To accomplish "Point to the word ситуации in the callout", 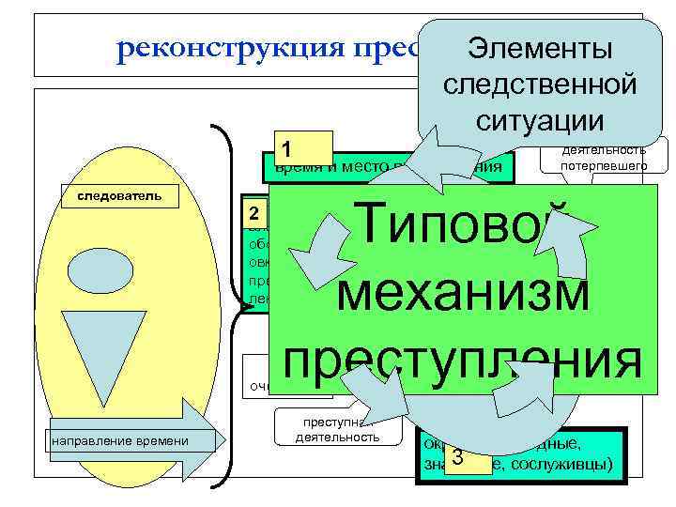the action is click(538, 119).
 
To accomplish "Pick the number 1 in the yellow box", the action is click(289, 149).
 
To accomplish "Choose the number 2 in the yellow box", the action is click(253, 208).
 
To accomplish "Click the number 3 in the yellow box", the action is click(457, 457).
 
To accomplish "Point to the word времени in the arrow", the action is click(161, 441).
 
